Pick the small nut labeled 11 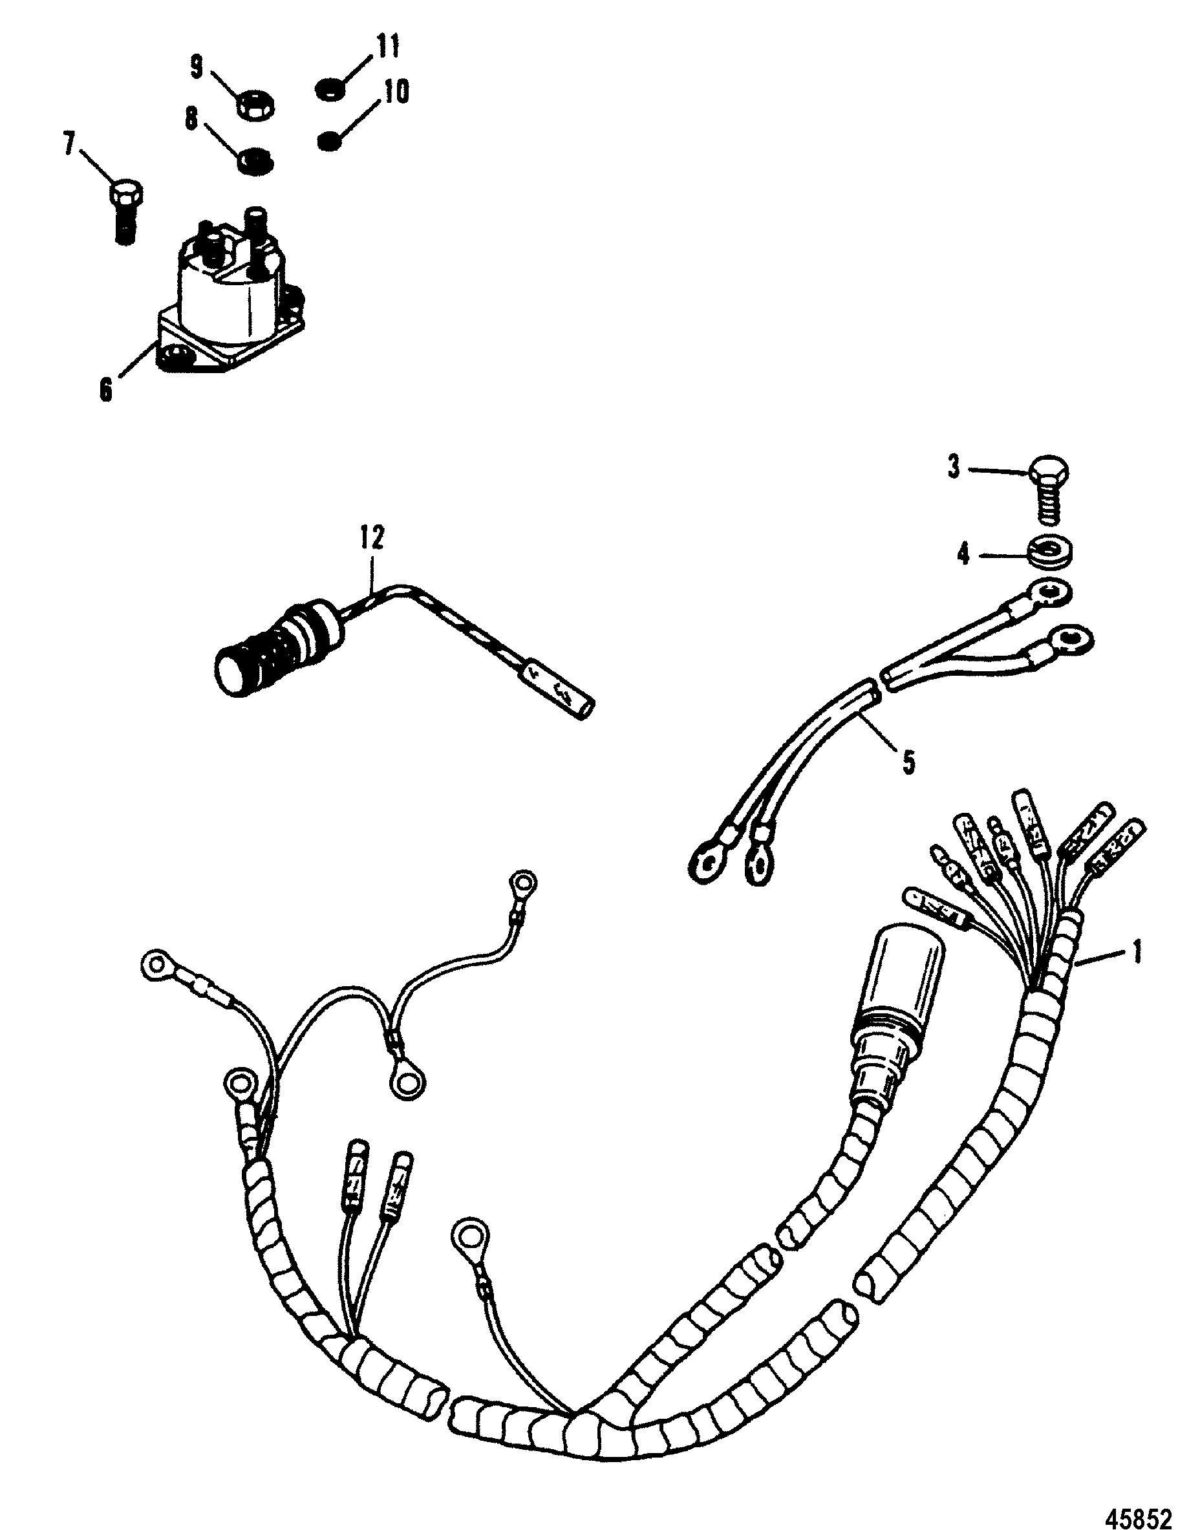[329, 89]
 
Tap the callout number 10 [396, 92]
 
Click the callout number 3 [954, 468]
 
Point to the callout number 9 [197, 67]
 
